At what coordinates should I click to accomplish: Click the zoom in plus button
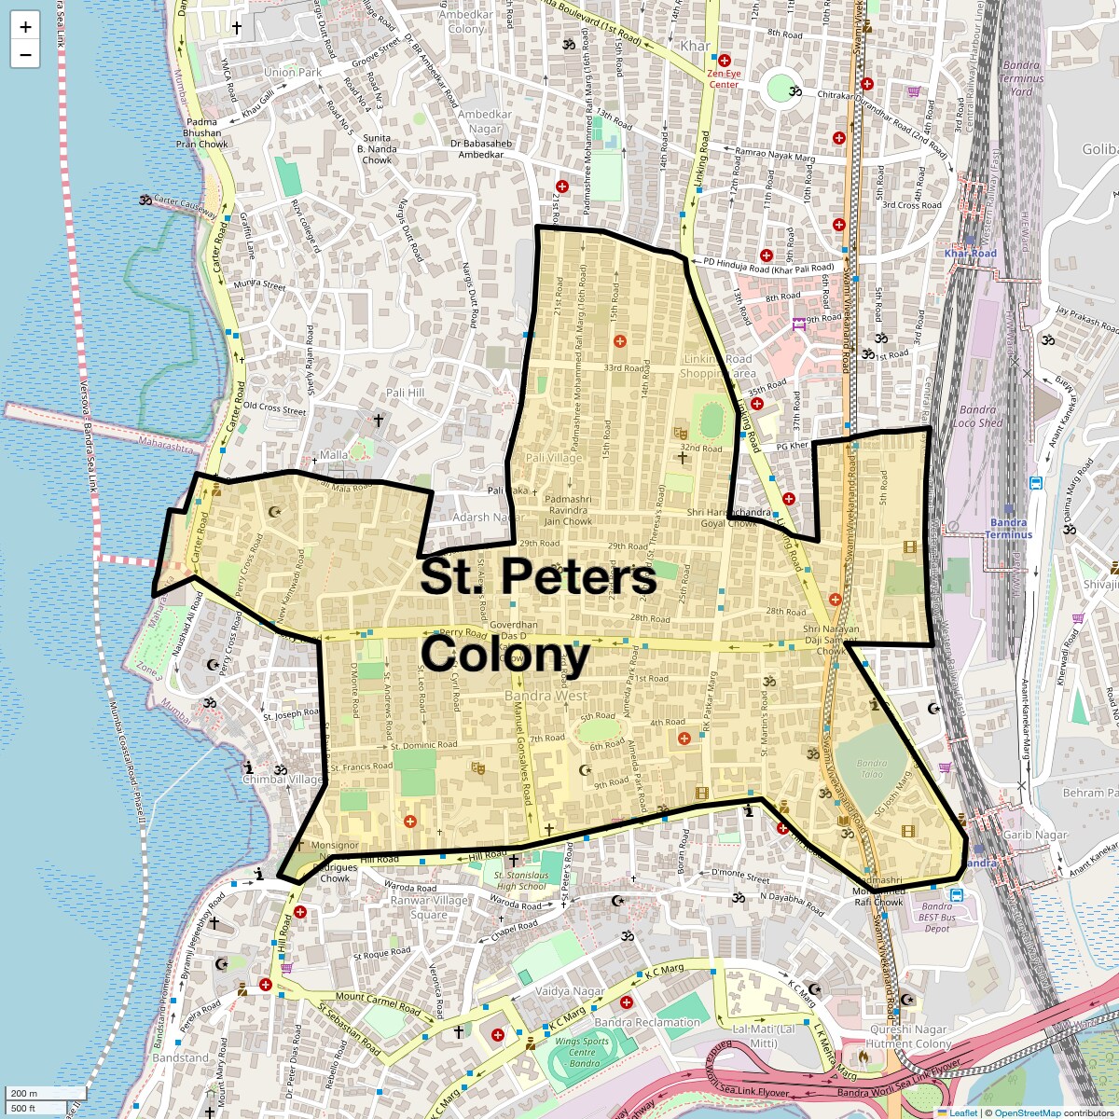(x=25, y=27)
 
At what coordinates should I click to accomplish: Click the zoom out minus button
(x=25, y=54)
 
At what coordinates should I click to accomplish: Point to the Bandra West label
(x=546, y=696)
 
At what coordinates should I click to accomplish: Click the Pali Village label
(x=553, y=458)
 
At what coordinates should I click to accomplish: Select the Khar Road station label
(x=970, y=254)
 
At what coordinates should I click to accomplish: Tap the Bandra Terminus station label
(x=1009, y=529)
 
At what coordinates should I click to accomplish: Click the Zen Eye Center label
(x=724, y=78)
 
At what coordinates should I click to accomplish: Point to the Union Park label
(x=292, y=72)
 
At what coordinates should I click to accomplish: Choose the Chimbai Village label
(x=283, y=780)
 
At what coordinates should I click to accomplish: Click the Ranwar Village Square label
(x=429, y=907)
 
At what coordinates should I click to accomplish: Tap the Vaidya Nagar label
(x=570, y=991)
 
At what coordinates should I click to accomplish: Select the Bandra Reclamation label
(x=647, y=1022)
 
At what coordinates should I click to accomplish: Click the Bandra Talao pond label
(x=872, y=768)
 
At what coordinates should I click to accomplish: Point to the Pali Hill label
(x=405, y=393)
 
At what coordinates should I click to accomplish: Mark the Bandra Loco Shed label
(x=977, y=416)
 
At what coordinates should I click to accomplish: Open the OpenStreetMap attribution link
(x=1027, y=1112)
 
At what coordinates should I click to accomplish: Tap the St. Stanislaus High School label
(x=521, y=881)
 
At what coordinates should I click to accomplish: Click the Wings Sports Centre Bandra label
(x=583, y=1052)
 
